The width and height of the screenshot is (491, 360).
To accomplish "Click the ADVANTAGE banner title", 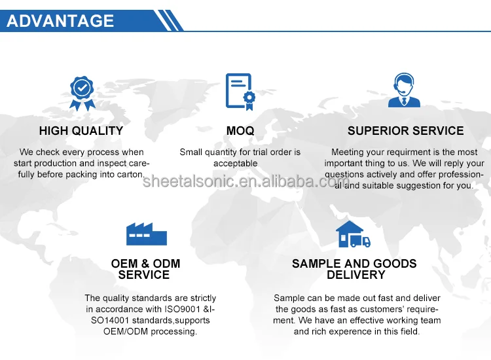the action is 60,21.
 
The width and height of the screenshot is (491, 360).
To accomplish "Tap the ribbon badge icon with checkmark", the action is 82,94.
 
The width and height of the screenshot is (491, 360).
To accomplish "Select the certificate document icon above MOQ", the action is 240,92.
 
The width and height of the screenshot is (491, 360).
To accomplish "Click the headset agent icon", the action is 404,90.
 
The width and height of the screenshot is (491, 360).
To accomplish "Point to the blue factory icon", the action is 147,234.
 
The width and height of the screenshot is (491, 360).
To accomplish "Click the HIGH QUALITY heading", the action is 81,131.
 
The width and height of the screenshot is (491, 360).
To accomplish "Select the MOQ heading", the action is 240,131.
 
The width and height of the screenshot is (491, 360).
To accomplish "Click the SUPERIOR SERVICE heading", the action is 405,131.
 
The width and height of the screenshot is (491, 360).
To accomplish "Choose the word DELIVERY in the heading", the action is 355,275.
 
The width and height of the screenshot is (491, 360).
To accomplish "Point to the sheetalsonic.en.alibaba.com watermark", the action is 245,181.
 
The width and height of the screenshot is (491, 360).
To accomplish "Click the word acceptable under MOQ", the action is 236,164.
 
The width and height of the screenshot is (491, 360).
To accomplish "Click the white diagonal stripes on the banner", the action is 168,20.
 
